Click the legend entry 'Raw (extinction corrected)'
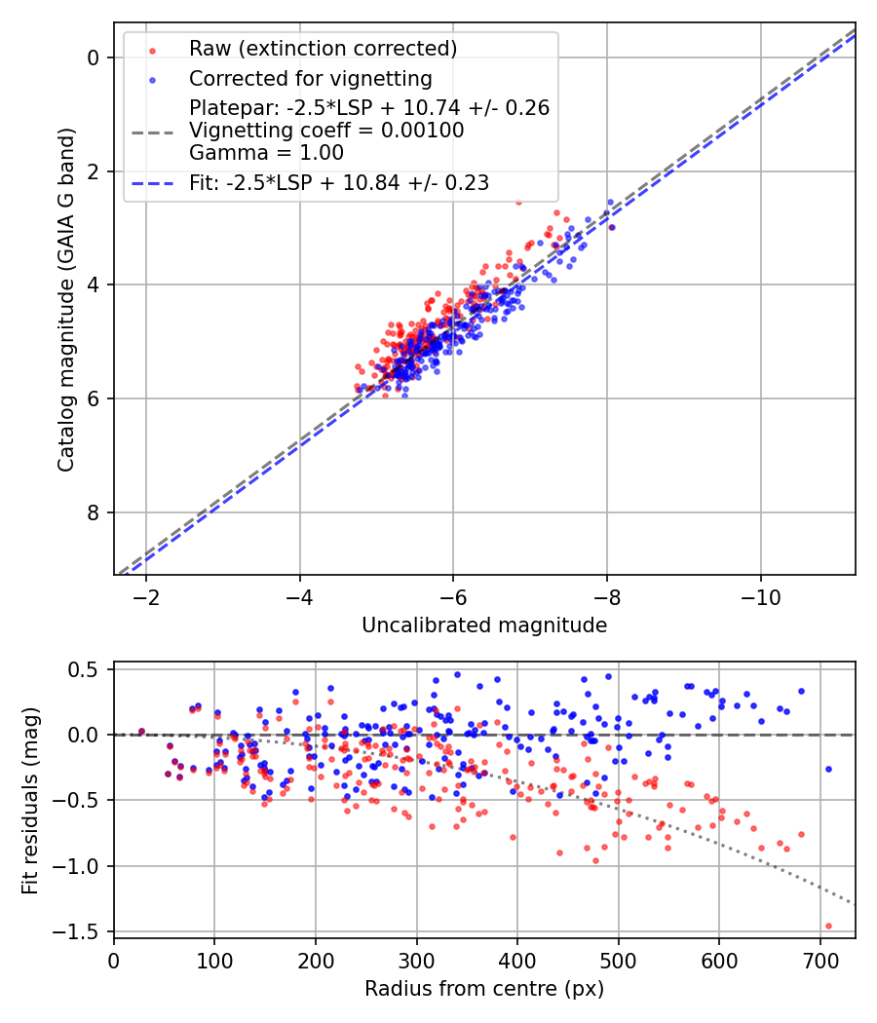coord(323,49)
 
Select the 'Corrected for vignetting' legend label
coord(310,78)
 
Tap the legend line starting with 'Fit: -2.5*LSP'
coord(339,182)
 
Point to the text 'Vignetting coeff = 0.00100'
coord(326,131)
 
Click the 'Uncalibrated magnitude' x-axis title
coord(484,625)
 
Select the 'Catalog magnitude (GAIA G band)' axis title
coord(65,304)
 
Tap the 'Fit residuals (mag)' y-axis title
coord(30,799)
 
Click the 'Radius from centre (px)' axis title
coord(484,989)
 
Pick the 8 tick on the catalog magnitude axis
coord(94,512)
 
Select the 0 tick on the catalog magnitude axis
coord(94,57)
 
